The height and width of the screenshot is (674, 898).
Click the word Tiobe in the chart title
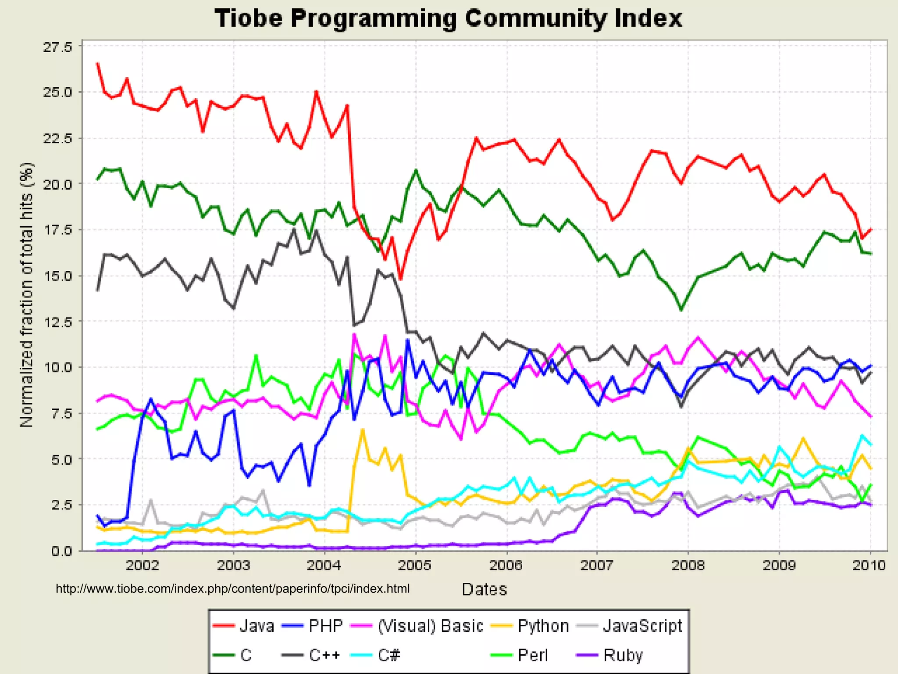(249, 19)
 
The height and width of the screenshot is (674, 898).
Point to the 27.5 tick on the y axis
(57, 47)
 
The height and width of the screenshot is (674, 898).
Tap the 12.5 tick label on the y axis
(57, 322)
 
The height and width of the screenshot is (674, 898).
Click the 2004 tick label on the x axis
(324, 565)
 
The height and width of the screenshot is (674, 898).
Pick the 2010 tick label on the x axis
(869, 565)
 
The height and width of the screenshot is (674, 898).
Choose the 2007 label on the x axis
(596, 565)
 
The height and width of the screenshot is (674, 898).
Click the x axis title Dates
(484, 589)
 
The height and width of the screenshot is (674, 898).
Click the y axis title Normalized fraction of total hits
(26, 295)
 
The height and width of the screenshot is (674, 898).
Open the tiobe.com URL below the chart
(232, 588)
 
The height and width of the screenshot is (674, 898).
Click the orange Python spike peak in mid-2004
(362, 430)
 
